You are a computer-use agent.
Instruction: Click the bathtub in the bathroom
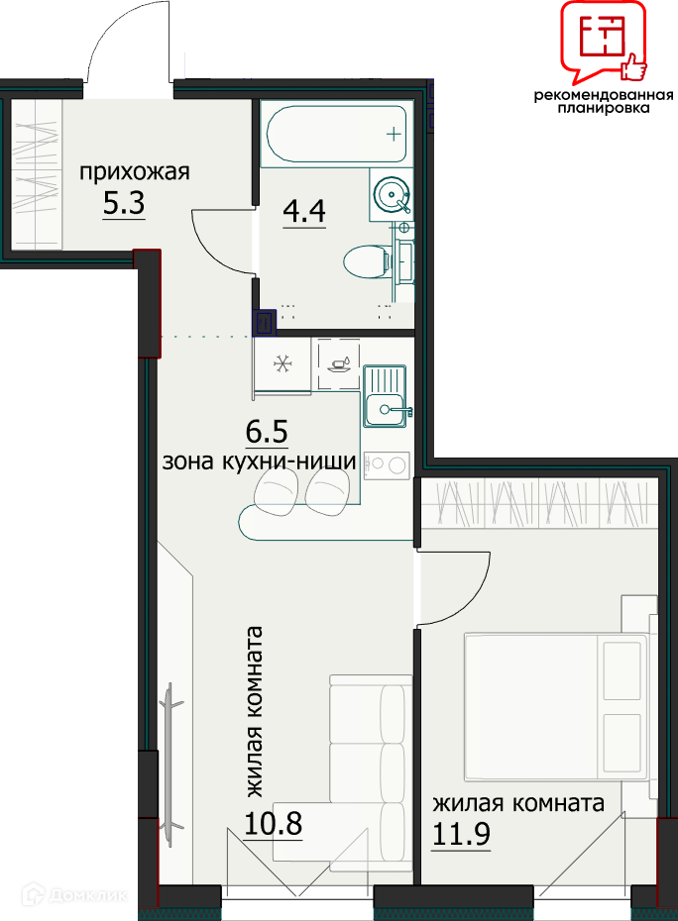336,134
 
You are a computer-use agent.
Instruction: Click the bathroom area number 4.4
304,210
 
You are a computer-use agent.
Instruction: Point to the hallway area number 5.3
124,204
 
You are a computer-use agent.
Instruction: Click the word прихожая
135,172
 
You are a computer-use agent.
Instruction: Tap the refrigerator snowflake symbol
282,364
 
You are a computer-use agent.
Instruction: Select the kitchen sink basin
385,409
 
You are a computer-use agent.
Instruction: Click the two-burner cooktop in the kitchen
387,465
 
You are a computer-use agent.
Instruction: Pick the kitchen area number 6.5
267,432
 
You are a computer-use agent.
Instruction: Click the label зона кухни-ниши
259,461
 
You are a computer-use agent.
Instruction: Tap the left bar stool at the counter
276,494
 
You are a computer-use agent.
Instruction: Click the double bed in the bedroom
557,707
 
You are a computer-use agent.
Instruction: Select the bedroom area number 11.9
461,834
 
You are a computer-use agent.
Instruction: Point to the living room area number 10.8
273,824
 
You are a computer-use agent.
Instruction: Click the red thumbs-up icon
632,67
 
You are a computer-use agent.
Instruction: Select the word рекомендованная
604,95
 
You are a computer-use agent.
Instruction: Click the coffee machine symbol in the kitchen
339,363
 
